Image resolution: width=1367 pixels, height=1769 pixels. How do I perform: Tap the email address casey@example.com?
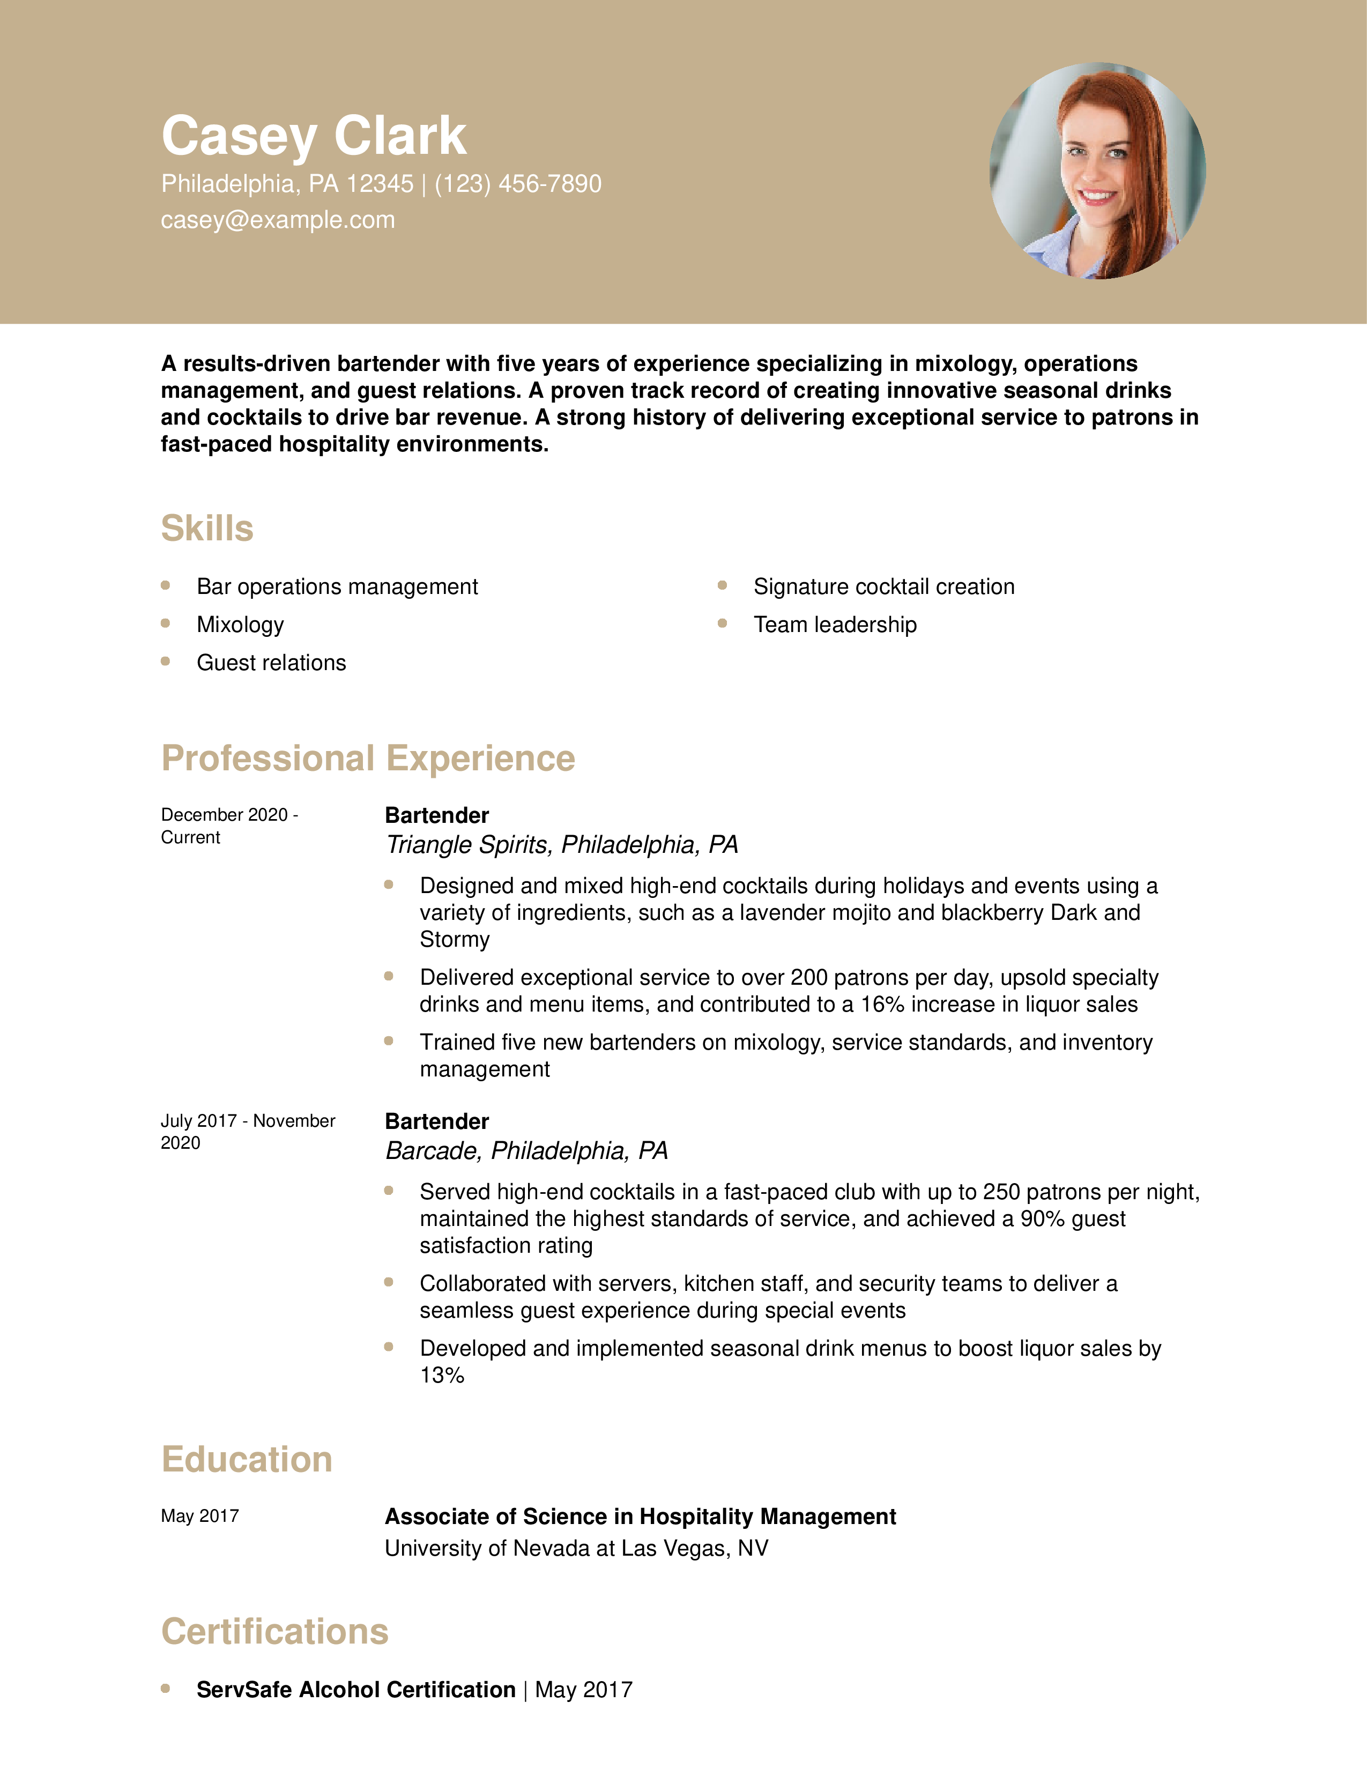(x=278, y=220)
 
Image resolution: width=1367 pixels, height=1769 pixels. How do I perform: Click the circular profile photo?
(x=1097, y=171)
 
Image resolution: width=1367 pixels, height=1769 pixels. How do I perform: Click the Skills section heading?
(x=207, y=528)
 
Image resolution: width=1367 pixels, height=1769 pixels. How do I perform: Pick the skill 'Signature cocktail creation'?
(x=883, y=586)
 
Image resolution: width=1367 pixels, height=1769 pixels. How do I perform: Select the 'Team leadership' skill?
(x=835, y=625)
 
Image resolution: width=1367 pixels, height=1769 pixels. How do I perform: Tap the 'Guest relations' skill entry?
(x=271, y=663)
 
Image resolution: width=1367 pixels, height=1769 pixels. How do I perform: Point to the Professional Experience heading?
(x=368, y=758)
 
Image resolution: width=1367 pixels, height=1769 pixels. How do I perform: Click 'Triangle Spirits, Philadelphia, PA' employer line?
(x=561, y=845)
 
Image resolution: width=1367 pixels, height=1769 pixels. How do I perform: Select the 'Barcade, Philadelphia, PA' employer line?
(x=526, y=1151)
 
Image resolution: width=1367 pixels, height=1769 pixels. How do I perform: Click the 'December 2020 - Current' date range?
(x=229, y=826)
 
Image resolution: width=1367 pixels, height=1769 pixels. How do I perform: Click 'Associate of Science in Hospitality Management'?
(x=640, y=1517)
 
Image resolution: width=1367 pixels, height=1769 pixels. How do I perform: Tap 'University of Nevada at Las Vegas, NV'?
(x=576, y=1548)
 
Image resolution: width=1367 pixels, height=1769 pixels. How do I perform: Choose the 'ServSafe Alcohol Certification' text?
(x=355, y=1690)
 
